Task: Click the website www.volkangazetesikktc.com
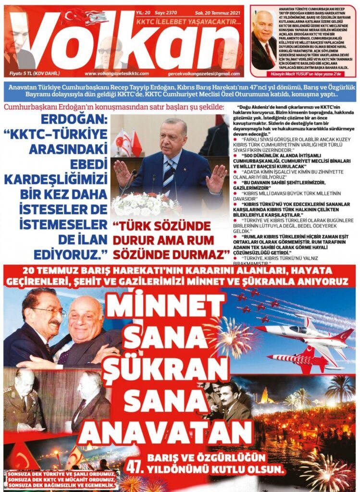[114, 74]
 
